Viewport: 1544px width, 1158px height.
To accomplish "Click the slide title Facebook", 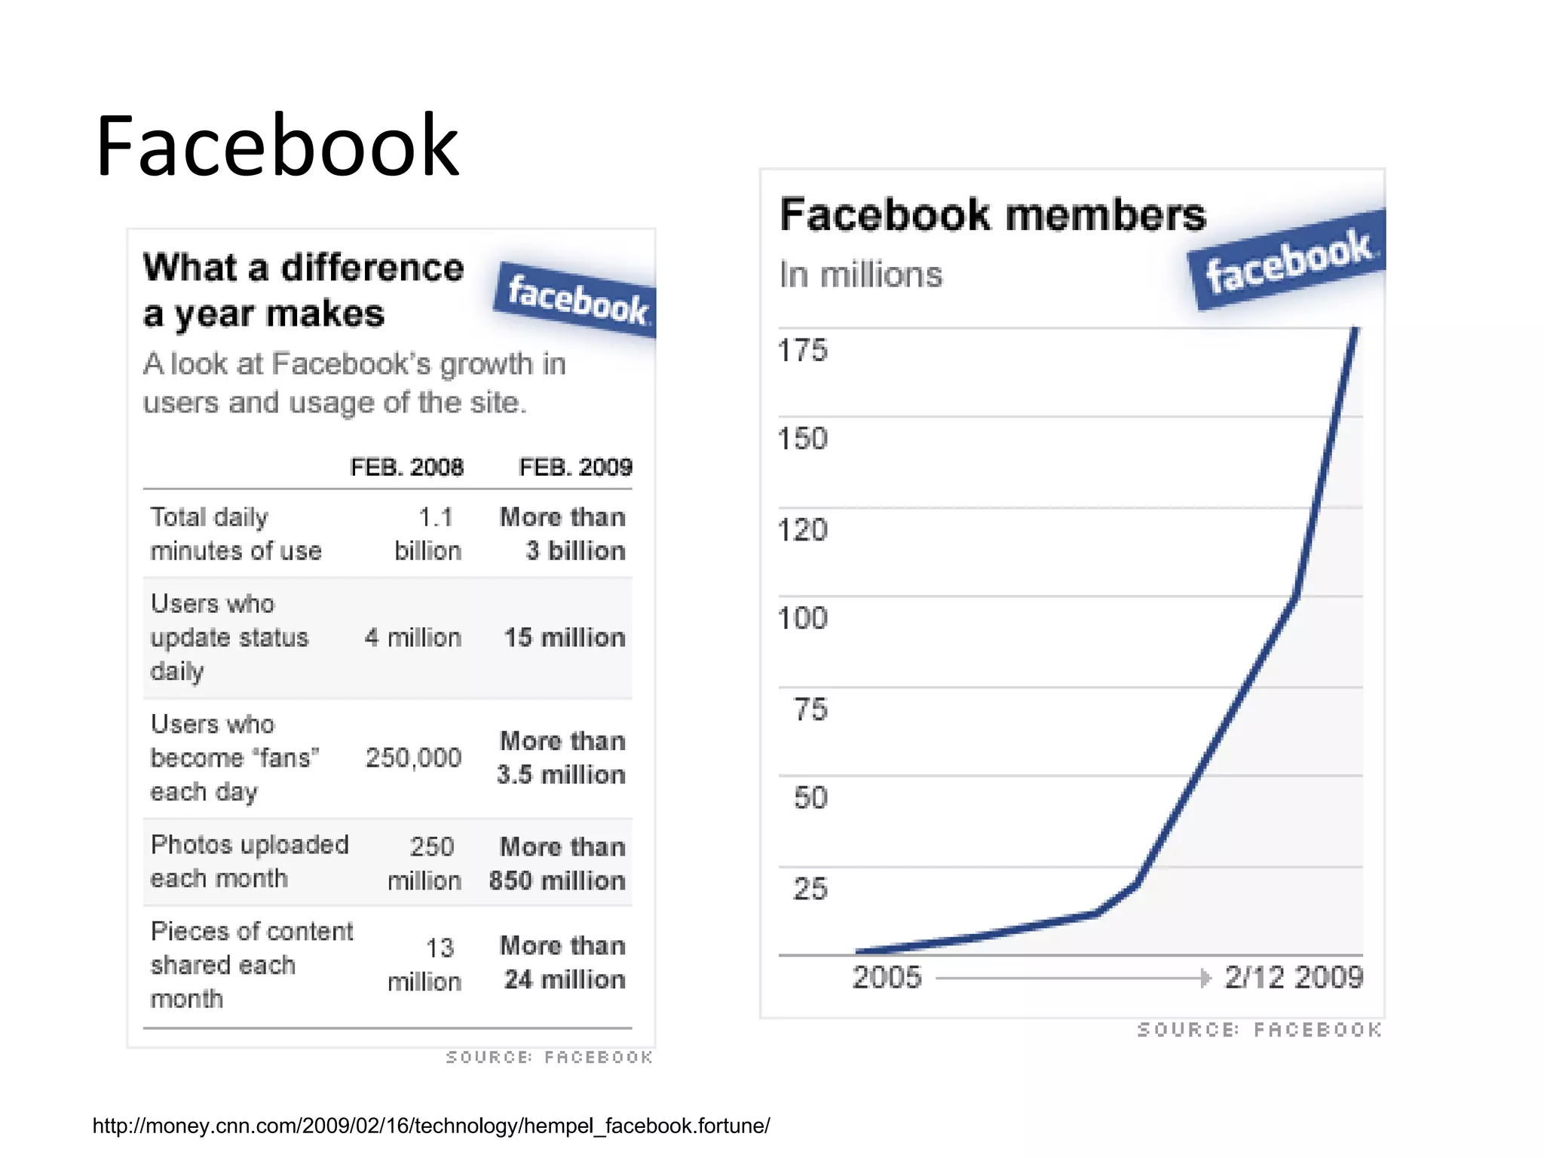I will [x=277, y=146].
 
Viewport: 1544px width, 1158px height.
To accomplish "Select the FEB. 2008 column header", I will [x=406, y=467].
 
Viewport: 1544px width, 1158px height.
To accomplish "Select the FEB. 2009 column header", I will [x=575, y=467].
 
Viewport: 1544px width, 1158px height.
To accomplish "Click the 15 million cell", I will [x=564, y=638].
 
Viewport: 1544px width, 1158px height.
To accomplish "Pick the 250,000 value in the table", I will [x=413, y=758].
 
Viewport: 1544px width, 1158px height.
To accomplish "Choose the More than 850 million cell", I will [x=558, y=864].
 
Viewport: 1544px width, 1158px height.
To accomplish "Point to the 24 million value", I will [x=564, y=979].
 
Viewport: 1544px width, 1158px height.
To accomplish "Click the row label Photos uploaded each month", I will [x=249, y=862].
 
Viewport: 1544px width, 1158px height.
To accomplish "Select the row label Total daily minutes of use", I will [x=235, y=534].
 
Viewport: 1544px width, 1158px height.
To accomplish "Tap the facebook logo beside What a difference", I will [x=576, y=300].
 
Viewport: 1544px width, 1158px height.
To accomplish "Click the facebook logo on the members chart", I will [x=1288, y=260].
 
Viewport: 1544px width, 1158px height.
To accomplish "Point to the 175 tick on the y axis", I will [x=802, y=351].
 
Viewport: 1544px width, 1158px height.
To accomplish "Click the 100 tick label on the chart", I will [x=802, y=618].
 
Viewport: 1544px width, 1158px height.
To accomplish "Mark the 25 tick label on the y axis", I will [x=810, y=889].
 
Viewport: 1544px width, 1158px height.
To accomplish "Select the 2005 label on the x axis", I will [x=887, y=978].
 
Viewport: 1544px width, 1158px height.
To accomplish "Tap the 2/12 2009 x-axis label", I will [x=1294, y=978].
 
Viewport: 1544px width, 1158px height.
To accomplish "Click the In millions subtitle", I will [x=861, y=275].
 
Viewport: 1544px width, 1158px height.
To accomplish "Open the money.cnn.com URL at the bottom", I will [x=431, y=1126].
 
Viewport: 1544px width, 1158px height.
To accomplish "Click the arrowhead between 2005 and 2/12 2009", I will [x=1205, y=979].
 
